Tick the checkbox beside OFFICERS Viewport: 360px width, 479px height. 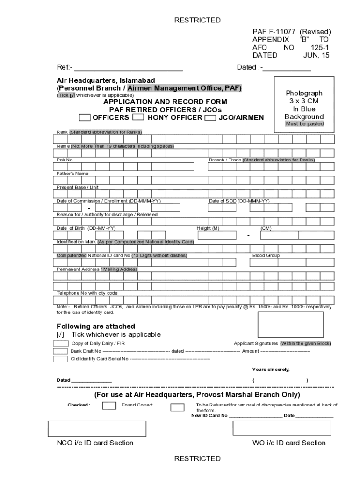point(85,117)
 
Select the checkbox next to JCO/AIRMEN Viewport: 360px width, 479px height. point(210,117)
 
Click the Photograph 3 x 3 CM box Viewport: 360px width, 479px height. point(304,105)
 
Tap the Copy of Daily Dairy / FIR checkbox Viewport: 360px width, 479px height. point(60,343)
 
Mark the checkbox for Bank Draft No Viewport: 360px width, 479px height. point(60,351)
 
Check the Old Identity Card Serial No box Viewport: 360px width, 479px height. point(60,359)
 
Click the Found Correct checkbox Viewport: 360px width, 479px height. point(109,406)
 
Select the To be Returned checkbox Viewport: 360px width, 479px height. point(177,407)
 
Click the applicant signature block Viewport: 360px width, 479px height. point(290,324)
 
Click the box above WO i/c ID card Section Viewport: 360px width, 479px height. point(281,428)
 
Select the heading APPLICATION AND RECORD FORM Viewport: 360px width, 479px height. point(165,102)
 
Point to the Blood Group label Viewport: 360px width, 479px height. point(266,256)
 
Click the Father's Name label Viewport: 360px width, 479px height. point(72,174)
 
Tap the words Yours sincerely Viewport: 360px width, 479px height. point(271,370)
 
